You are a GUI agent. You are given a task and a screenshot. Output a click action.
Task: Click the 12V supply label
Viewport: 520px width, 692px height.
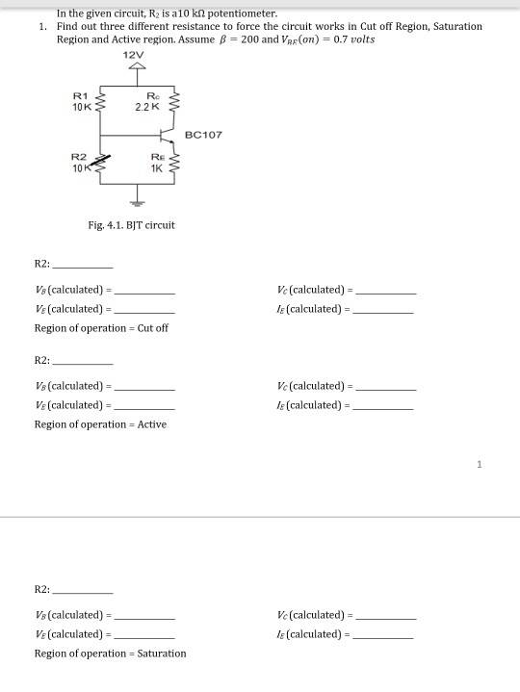(x=135, y=56)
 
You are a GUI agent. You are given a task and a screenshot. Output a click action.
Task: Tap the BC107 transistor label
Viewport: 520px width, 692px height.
(x=202, y=135)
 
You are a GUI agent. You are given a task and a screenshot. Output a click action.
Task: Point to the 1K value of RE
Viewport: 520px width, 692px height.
(x=157, y=168)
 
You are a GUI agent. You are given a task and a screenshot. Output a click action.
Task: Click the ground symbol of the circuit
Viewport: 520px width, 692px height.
(x=136, y=202)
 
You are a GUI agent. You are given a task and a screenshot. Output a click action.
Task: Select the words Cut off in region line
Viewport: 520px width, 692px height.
(x=153, y=328)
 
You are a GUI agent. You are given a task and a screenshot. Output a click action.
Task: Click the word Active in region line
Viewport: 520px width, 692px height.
(x=152, y=424)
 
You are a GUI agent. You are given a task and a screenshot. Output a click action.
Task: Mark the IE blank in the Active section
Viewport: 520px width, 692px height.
(x=383, y=406)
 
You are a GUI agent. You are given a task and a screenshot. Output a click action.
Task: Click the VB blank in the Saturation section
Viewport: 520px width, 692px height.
(x=144, y=616)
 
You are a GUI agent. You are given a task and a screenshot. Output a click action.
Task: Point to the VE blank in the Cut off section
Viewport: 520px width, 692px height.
(x=144, y=310)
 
